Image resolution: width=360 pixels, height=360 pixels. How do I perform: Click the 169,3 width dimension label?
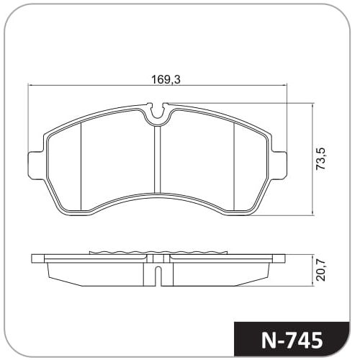click(x=166, y=79)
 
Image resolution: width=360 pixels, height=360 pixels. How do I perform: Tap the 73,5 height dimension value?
click(x=321, y=159)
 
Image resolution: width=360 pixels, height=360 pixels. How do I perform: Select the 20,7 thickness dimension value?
click(x=321, y=271)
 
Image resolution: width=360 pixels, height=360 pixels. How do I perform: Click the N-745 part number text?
click(x=292, y=340)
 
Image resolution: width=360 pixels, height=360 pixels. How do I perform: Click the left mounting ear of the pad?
click(x=36, y=165)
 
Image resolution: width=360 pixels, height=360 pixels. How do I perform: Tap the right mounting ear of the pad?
click(x=279, y=165)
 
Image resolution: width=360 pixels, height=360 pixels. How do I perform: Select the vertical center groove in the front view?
click(x=157, y=160)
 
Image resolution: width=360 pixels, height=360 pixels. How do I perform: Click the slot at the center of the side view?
click(x=158, y=276)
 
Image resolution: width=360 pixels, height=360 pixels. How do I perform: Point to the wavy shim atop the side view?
click(x=158, y=253)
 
